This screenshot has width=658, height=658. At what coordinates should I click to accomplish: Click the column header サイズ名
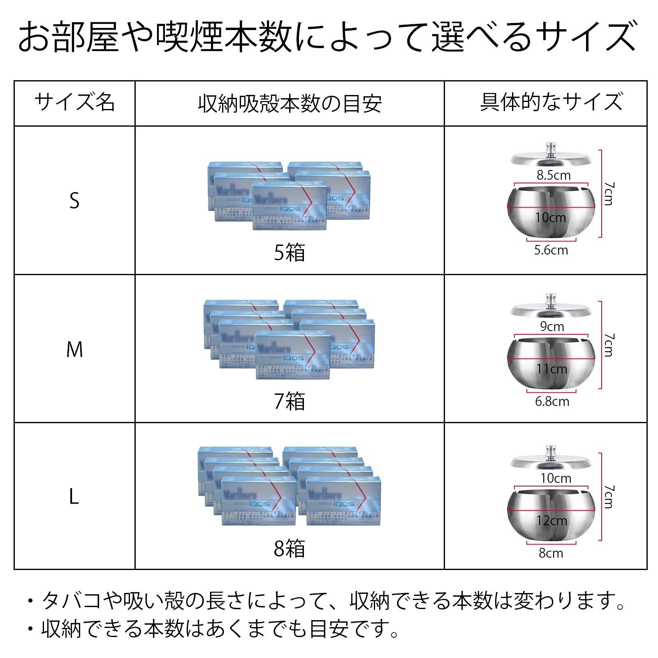pos(74,102)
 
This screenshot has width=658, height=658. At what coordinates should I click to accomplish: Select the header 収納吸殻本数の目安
pos(290,103)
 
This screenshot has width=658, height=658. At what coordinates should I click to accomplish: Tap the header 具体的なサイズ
pos(551,102)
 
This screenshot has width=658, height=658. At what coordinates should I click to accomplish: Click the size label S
pos(74,201)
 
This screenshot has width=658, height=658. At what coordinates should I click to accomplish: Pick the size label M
pos(74,350)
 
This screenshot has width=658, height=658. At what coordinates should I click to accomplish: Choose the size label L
pos(74,497)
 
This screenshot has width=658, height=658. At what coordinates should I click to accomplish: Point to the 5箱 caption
pos(290,252)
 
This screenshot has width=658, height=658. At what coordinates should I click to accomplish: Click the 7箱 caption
pos(290,401)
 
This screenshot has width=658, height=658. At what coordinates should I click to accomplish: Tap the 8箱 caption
pos(290,548)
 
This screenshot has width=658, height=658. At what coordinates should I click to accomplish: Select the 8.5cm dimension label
pos(554,175)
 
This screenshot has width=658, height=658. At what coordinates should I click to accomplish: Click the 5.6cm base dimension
pos(551,250)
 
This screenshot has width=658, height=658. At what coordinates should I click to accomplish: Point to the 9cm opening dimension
pos(552,327)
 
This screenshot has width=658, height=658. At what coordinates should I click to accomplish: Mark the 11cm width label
pos(551,369)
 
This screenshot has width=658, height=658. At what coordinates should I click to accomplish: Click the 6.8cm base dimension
pos(552,401)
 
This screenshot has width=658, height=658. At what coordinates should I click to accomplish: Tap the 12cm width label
pos(551,521)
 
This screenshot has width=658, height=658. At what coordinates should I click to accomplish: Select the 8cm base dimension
pos(551,553)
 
